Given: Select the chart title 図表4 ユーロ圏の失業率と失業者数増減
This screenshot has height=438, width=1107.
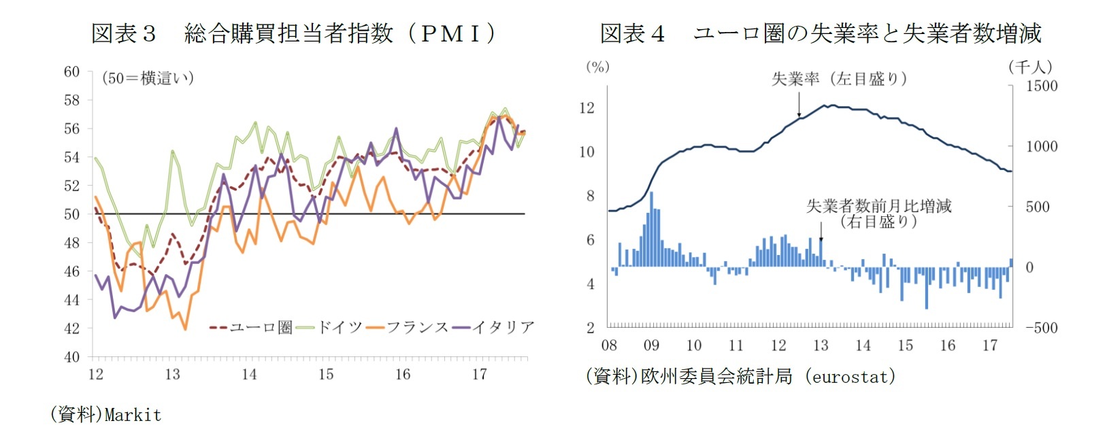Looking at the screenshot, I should click(x=820, y=33).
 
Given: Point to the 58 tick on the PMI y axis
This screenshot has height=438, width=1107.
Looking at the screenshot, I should click(x=71, y=100).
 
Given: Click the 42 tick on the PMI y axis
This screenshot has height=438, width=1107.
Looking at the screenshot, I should click(x=71, y=328).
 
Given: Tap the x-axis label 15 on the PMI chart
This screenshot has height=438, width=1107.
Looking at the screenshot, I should click(x=326, y=374).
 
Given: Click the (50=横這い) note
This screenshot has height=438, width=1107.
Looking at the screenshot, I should click(x=148, y=78).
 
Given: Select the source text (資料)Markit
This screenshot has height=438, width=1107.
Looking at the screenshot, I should click(x=105, y=414).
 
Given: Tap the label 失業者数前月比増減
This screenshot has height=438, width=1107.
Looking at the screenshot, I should click(x=878, y=206).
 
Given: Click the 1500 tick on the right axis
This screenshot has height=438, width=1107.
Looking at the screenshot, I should click(x=1042, y=86).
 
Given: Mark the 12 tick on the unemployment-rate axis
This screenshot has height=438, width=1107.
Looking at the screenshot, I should click(x=586, y=107).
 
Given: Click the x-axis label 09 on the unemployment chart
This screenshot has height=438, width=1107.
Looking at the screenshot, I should click(x=651, y=346).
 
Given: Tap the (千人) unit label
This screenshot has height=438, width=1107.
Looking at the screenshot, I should click(x=1030, y=67).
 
